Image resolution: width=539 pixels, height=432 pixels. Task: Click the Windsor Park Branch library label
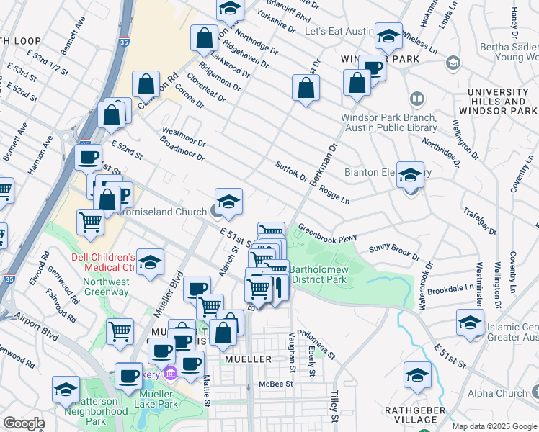pyautogui.click(x=388, y=122)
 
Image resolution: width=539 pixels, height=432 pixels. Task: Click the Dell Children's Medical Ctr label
pyautogui.click(x=103, y=264)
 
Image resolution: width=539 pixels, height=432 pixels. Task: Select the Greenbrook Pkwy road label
pyautogui.click(x=327, y=231)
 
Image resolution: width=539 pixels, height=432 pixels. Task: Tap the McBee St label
pyautogui.click(x=276, y=384)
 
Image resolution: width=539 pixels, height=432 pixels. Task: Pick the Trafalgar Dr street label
pyautogui.click(x=483, y=220)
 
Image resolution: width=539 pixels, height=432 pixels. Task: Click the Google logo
pyautogui.click(x=24, y=423)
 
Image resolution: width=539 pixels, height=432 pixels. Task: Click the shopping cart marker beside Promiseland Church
pyautogui.click(x=91, y=221)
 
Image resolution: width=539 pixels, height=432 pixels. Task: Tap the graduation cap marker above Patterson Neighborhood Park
pyautogui.click(x=66, y=389)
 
